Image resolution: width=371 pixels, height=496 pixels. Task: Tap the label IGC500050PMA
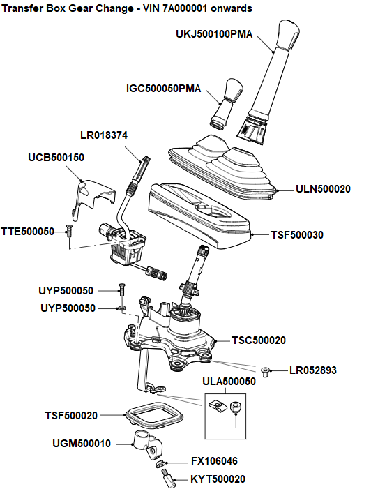tap(163, 89)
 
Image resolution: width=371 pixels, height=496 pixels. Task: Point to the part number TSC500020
tap(258, 340)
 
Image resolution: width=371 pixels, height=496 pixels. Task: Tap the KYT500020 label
tap(218, 479)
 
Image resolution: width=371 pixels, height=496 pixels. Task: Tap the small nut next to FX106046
tap(161, 464)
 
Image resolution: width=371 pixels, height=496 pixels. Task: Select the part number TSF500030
tap(296, 235)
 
